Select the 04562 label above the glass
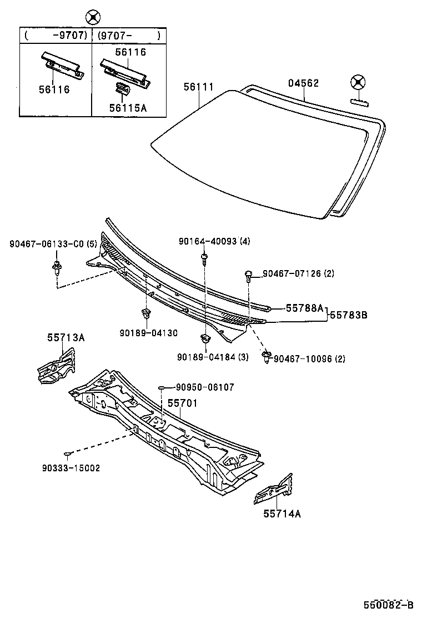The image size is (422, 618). click(303, 83)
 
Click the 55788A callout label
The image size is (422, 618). click(304, 307)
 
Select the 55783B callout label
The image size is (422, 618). click(349, 315)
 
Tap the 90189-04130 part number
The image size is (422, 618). click(148, 333)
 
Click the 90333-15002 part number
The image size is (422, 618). click(71, 468)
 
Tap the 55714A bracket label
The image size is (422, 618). click(282, 514)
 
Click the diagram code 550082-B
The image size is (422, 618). click(389, 605)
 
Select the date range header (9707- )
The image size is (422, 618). click(129, 36)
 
